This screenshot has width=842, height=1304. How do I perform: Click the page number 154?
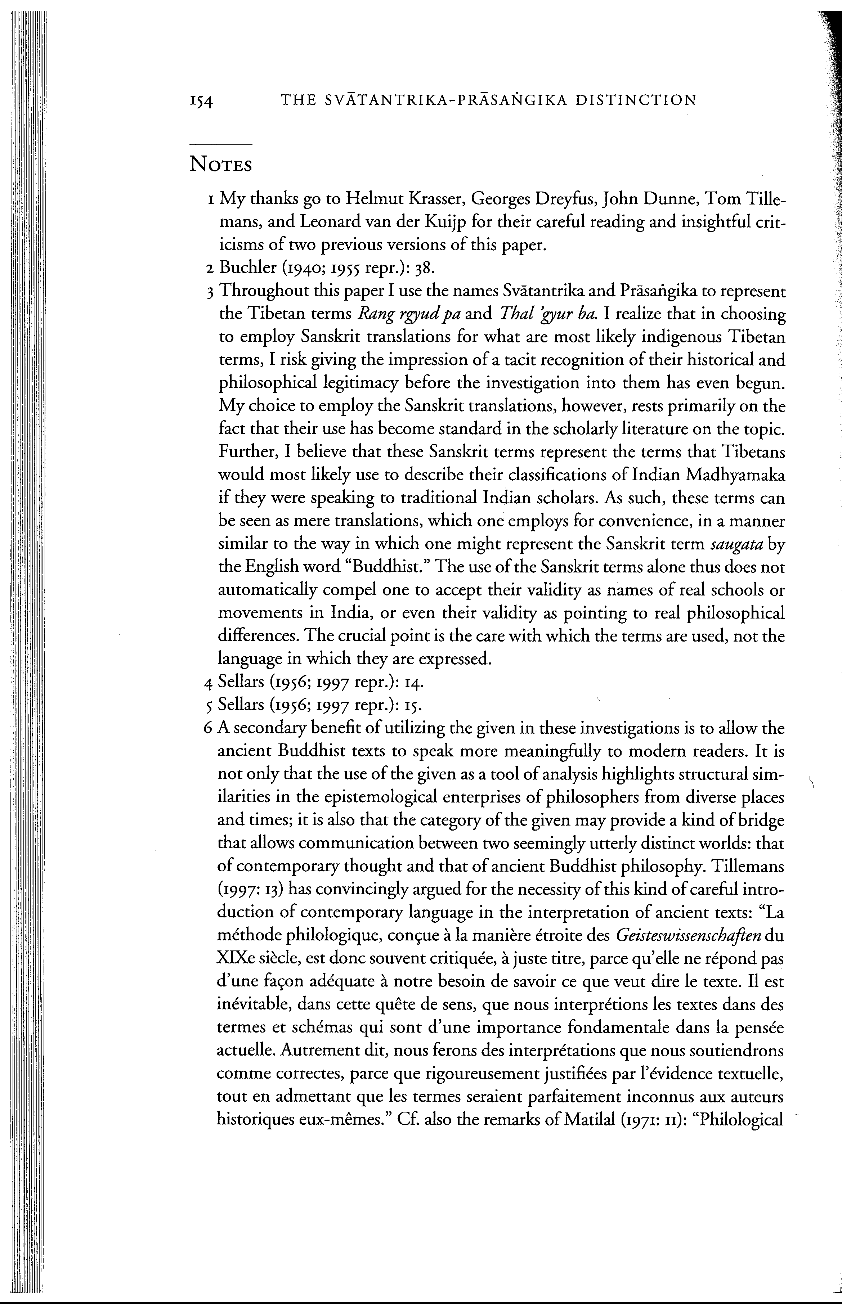click(x=201, y=102)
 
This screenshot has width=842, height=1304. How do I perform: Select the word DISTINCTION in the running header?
click(x=636, y=100)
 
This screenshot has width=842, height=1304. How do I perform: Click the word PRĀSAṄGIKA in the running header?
click(x=510, y=100)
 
